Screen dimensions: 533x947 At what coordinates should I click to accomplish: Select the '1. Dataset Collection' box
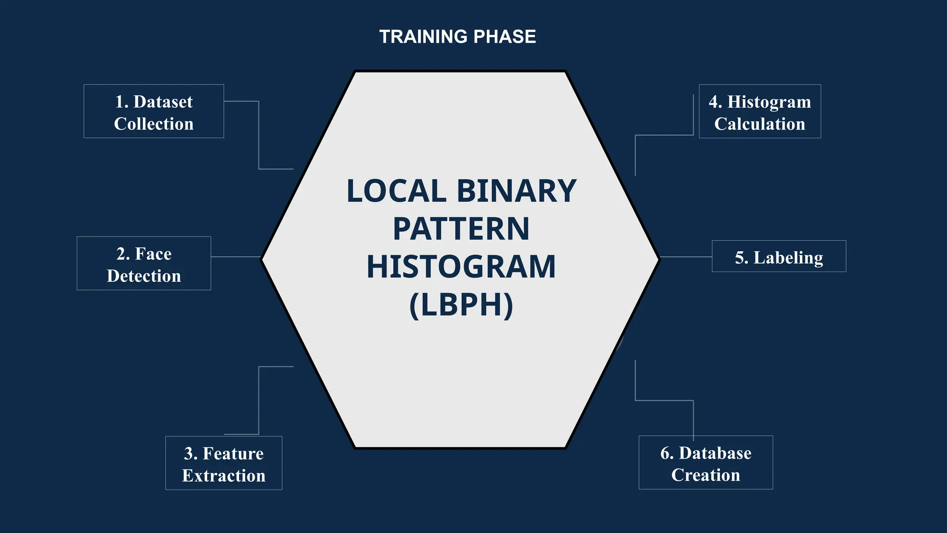pyautogui.click(x=154, y=111)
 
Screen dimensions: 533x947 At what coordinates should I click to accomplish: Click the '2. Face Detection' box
pyautogui.click(x=144, y=263)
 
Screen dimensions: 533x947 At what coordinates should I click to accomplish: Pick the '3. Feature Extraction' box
pyautogui.click(x=224, y=463)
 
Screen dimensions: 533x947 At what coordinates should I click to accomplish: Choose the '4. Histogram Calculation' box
pyautogui.click(x=760, y=111)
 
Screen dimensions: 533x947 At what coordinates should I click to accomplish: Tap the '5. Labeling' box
pyautogui.click(x=779, y=256)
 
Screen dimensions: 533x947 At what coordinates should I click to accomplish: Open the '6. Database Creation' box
pyautogui.click(x=706, y=462)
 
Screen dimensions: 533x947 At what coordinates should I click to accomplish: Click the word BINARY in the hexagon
pyautogui.click(x=516, y=191)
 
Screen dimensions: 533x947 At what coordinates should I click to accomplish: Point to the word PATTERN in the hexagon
pyautogui.click(x=461, y=229)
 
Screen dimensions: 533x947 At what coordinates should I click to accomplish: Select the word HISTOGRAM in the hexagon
pyautogui.click(x=461, y=267)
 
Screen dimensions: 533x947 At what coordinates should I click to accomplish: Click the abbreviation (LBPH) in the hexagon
pyautogui.click(x=461, y=305)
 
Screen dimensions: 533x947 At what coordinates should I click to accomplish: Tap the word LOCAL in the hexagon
pyautogui.click(x=396, y=191)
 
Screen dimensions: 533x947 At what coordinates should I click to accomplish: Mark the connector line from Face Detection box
pyautogui.click(x=236, y=257)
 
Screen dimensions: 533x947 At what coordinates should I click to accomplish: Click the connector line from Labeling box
pyautogui.click(x=686, y=257)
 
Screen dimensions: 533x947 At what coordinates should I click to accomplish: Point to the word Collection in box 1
pyautogui.click(x=154, y=124)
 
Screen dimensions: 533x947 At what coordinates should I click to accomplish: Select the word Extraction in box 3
pyautogui.click(x=224, y=476)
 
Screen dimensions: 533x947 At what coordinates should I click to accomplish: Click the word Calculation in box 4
pyautogui.click(x=760, y=124)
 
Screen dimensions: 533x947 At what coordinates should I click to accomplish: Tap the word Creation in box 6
pyautogui.click(x=706, y=475)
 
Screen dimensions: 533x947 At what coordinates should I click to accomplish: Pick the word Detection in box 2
pyautogui.click(x=144, y=276)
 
